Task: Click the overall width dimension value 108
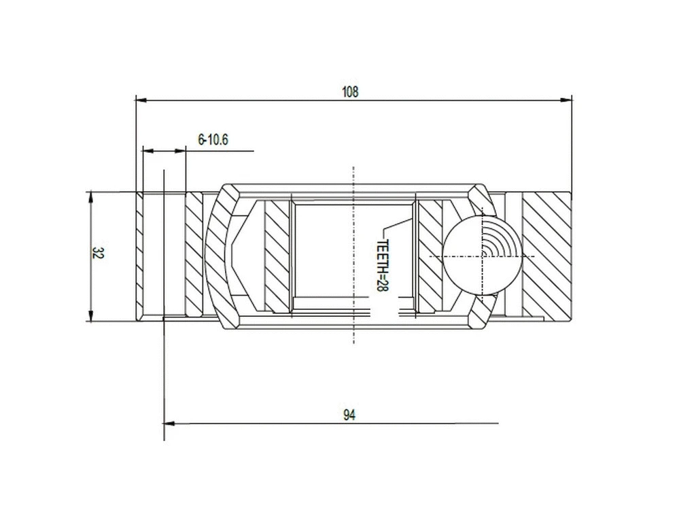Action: (x=350, y=92)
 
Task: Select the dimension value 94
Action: (x=349, y=415)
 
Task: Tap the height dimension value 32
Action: (x=98, y=254)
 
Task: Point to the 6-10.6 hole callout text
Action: (x=213, y=140)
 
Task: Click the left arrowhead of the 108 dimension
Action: (x=141, y=100)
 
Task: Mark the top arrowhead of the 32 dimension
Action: (x=90, y=196)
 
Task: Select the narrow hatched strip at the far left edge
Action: (x=139, y=256)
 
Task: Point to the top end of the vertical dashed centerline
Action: (x=353, y=168)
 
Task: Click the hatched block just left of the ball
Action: (x=430, y=256)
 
